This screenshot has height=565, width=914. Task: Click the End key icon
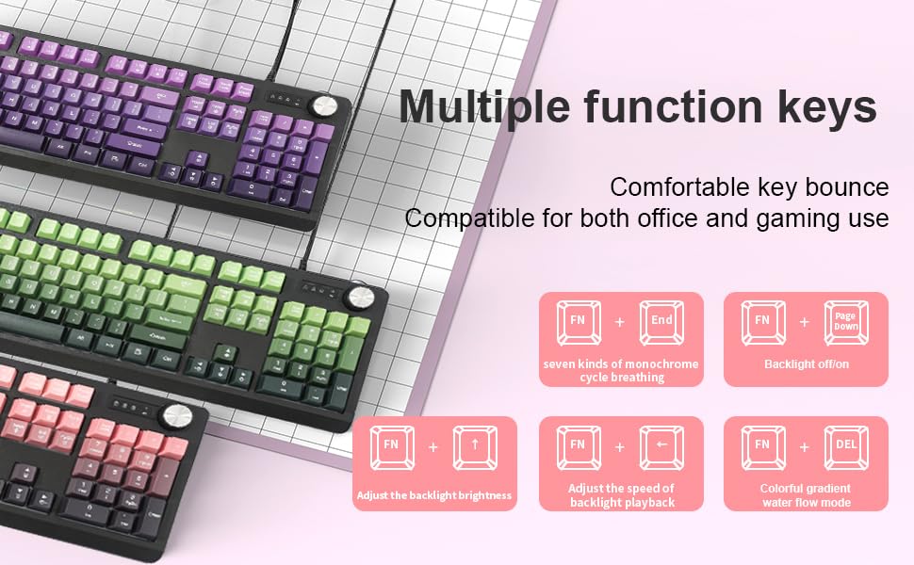tap(662, 321)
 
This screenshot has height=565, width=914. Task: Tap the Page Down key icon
tap(846, 321)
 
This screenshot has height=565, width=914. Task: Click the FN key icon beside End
tap(579, 321)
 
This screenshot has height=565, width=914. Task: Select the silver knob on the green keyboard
tap(360, 298)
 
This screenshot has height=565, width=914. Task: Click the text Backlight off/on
tap(806, 363)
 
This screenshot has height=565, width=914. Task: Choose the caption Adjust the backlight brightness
tap(434, 495)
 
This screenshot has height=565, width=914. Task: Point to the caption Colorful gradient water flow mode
tap(806, 495)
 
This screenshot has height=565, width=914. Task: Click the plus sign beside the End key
tap(620, 322)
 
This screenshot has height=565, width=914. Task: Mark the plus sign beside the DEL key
tap(805, 446)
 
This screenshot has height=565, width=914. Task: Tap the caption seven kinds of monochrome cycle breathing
tap(621, 370)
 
